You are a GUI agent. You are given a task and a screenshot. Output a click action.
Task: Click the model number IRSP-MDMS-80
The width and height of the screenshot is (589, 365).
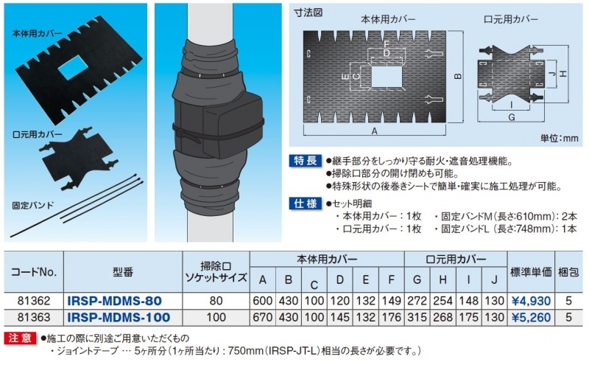[x=114, y=301]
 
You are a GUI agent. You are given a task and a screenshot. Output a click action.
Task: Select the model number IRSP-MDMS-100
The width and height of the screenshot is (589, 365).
[x=119, y=317]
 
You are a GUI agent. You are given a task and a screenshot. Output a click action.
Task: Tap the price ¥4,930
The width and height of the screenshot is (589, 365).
[x=531, y=301]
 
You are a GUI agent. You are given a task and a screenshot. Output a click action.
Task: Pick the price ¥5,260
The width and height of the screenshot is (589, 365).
[x=531, y=318]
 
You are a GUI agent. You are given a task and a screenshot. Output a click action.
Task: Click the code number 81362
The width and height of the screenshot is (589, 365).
[x=33, y=301]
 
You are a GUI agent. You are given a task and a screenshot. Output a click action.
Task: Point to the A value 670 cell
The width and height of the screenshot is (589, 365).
[x=263, y=317]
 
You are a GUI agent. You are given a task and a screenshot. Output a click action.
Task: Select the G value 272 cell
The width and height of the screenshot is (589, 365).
[x=417, y=301]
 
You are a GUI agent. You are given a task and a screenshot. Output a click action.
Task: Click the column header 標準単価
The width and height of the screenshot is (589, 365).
[x=531, y=271]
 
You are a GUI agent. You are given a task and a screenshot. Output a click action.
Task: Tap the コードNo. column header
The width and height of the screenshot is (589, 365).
[x=33, y=271]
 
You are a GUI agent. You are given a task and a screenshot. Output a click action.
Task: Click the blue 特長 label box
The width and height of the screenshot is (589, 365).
[x=306, y=161]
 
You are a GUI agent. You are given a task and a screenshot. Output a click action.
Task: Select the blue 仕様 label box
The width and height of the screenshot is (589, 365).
[x=306, y=204]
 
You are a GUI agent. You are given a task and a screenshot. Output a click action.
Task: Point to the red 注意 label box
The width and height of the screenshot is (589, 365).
[x=21, y=338]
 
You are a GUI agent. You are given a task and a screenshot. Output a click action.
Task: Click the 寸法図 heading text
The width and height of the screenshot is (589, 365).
[x=308, y=13]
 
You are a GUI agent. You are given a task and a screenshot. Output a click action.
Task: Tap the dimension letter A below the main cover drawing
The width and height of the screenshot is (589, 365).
[x=374, y=131]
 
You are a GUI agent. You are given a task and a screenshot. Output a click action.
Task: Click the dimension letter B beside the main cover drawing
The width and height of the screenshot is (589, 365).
[x=457, y=76]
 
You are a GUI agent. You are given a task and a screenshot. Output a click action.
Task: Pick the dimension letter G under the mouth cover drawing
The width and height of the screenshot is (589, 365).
[x=511, y=117]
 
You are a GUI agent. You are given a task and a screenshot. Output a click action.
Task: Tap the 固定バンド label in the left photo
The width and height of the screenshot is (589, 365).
[x=33, y=206]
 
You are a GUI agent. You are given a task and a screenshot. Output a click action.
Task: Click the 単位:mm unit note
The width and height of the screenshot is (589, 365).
[x=560, y=138]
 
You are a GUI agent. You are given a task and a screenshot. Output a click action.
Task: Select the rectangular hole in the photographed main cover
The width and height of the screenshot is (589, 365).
[x=73, y=68]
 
